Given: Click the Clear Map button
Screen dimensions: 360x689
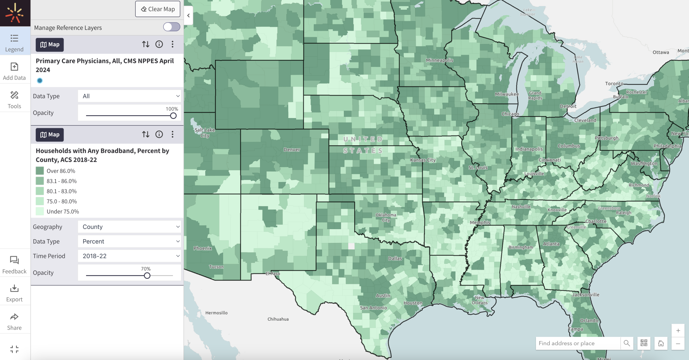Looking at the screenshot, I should coord(158,9).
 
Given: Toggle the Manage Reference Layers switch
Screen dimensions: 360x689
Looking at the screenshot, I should coord(172,27).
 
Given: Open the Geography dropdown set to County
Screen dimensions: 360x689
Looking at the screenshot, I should coord(130,227).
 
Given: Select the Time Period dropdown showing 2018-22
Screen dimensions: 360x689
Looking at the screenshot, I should coord(130,256).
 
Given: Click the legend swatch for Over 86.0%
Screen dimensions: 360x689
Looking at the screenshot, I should coord(40,171).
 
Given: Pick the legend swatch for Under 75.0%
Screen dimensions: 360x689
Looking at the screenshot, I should coord(40,211).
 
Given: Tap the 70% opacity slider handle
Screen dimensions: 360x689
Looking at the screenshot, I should coord(147,276).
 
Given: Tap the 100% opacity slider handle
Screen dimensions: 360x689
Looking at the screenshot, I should coord(173,116).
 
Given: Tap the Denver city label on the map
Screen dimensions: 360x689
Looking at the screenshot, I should coord(292,150).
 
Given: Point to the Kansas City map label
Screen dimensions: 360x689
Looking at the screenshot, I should coord(423,160).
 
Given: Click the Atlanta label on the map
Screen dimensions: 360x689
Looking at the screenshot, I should coord(551,244).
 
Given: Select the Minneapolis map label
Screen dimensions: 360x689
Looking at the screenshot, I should coord(439,60).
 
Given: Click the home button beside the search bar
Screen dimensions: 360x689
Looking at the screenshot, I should coord(661,343).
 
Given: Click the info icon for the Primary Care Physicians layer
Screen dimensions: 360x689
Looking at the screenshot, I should coord(159,44).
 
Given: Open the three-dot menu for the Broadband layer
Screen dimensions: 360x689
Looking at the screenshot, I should coord(173,135).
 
